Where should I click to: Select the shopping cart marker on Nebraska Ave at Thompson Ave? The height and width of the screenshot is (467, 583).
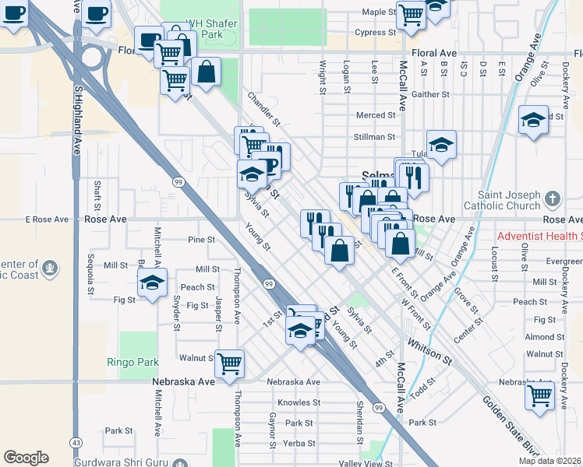coord(230,363)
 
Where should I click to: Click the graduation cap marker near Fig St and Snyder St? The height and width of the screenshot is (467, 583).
coord(152,282)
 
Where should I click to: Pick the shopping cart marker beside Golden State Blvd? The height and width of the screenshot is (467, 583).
coord(539,395)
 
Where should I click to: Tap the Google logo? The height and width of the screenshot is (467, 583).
coord(26,458)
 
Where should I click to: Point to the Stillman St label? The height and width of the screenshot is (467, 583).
coord(375,137)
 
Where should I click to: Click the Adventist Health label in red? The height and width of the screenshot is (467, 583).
coord(540,235)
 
